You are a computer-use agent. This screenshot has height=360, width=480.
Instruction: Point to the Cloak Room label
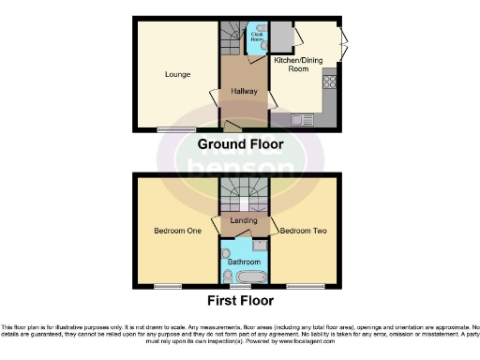pyautogui.click(x=256, y=37)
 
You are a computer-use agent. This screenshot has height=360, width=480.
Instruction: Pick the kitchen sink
pyautogui.click(x=302, y=119)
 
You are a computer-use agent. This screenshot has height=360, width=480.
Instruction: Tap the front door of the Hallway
pyautogui.click(x=232, y=127)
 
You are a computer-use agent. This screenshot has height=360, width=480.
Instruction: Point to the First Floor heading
pyautogui.click(x=242, y=301)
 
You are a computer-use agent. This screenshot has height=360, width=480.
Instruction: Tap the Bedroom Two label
pyautogui.click(x=301, y=230)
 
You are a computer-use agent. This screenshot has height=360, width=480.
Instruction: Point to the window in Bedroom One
pyautogui.click(x=168, y=285)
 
